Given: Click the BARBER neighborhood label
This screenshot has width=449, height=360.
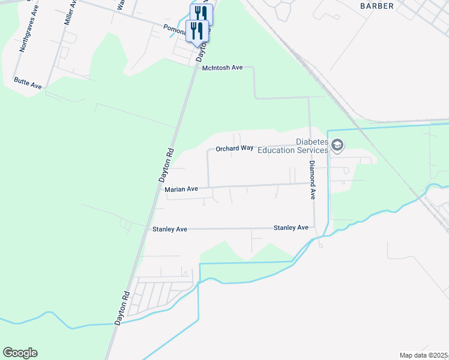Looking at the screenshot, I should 377,6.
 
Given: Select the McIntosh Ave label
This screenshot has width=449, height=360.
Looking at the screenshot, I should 222,68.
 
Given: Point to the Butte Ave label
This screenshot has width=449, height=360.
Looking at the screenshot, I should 28,83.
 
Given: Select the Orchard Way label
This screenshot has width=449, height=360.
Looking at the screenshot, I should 234,148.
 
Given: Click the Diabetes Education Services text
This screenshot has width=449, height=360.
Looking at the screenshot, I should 293,146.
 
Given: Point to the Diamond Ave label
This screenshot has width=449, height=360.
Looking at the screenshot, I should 313,179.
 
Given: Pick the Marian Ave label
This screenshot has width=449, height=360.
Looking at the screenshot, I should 181,189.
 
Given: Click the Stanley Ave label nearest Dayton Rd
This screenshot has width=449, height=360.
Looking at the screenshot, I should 170,229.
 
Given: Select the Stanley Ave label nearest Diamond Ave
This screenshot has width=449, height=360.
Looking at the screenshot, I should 291,228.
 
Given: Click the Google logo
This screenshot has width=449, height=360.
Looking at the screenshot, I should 20,353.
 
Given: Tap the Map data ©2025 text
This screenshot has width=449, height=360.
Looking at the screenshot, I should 424,355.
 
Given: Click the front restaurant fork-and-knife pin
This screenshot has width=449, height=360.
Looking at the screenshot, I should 197,30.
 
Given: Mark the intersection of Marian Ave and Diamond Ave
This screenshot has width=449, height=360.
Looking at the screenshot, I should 313,184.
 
